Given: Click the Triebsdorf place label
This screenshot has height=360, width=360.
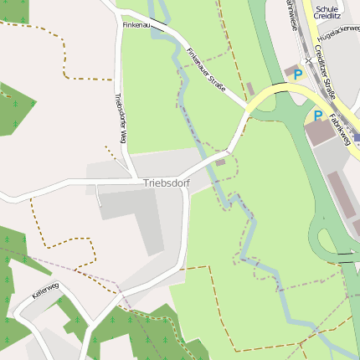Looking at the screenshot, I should pos(167,183).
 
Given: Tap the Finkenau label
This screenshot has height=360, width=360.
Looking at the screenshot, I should pos(136,26).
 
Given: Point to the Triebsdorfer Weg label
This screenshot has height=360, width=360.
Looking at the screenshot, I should pos(120,118).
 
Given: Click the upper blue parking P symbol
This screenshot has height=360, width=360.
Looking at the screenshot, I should pos(298,75).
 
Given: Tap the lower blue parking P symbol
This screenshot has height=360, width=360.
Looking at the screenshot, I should pos(318,116).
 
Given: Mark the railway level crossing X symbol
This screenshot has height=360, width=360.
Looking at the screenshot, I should pos(308,60).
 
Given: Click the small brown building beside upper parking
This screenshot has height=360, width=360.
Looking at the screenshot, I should pos(290,69).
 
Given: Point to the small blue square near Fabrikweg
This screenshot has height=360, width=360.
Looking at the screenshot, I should pos(356,136).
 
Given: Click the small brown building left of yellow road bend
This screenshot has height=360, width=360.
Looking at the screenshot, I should pos(249,89).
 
